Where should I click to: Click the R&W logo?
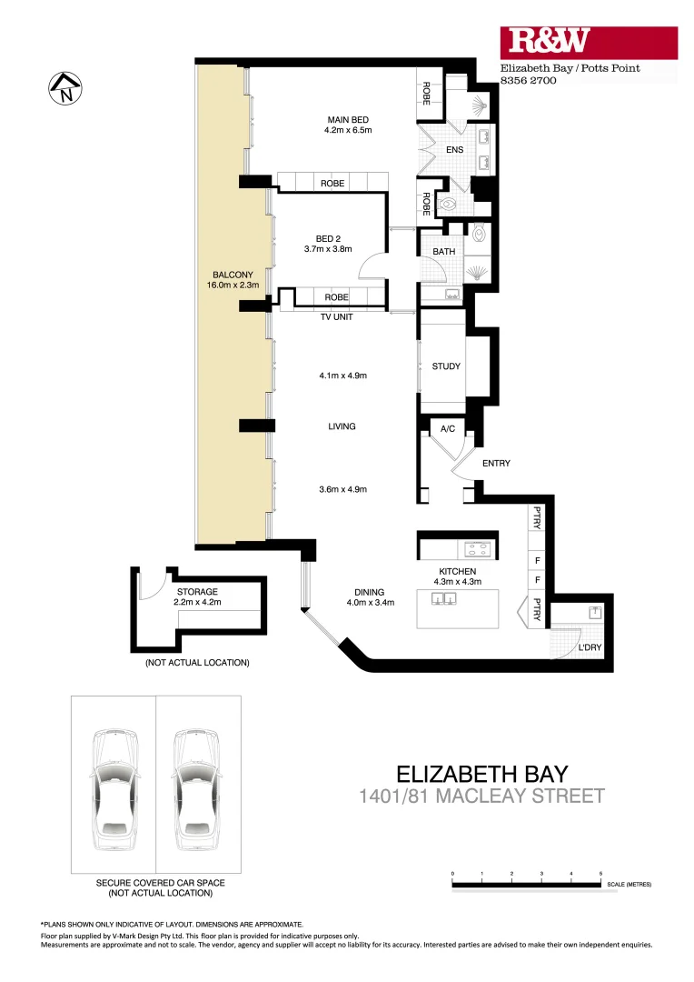(x=550, y=42)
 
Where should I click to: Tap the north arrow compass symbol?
(x=64, y=88)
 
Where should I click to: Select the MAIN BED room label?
(x=348, y=120)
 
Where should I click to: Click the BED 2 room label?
(x=328, y=238)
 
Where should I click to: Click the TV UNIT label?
(x=336, y=317)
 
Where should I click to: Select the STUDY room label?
(x=446, y=366)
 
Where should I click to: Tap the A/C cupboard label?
(x=447, y=428)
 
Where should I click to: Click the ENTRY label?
(x=496, y=464)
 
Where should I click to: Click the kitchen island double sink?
(x=444, y=598)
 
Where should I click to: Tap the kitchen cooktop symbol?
(x=476, y=548)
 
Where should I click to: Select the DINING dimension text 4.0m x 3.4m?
(x=369, y=602)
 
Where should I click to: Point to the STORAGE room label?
(x=197, y=592)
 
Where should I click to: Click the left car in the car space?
(x=114, y=785)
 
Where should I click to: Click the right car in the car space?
(x=197, y=785)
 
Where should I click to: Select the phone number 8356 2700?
(x=529, y=81)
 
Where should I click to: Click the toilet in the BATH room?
(x=480, y=236)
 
